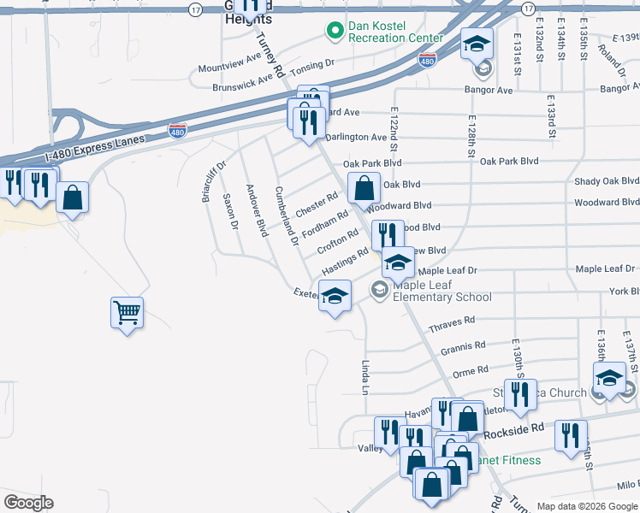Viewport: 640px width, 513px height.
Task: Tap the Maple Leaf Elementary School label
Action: click(x=441, y=291)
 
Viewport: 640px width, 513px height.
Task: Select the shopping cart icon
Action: click(x=127, y=313)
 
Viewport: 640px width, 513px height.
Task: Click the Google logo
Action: click(x=28, y=503)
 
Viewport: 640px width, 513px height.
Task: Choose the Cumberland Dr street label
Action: click(x=285, y=215)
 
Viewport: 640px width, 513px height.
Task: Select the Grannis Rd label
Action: click(x=463, y=349)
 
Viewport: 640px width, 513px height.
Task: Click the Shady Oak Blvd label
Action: click(x=606, y=181)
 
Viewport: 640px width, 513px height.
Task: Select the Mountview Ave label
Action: click(x=229, y=62)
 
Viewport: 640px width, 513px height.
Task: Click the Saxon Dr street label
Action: click(x=229, y=211)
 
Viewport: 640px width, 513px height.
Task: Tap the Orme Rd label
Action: click(x=470, y=372)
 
